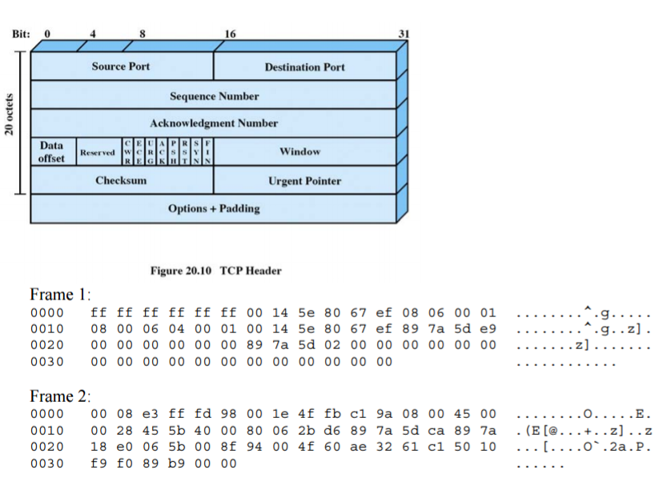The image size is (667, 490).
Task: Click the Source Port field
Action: click(120, 66)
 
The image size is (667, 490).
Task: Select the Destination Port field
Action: click(304, 67)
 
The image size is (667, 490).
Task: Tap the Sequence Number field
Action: click(214, 96)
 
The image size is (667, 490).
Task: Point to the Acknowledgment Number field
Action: click(214, 123)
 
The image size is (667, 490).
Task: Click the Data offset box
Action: click(52, 152)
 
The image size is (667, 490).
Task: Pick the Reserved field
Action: click(96, 152)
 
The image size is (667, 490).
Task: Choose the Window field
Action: click(299, 151)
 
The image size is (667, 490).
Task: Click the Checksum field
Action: click(121, 181)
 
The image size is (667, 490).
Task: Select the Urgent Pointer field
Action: click(304, 181)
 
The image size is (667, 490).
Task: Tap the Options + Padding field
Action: click(214, 209)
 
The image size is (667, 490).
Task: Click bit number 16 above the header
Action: click(231, 34)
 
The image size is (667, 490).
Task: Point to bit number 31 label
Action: click(404, 34)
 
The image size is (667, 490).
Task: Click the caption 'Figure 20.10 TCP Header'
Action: click(215, 271)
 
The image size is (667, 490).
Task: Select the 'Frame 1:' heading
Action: click(61, 294)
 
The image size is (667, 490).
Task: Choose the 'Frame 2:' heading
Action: click(61, 396)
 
